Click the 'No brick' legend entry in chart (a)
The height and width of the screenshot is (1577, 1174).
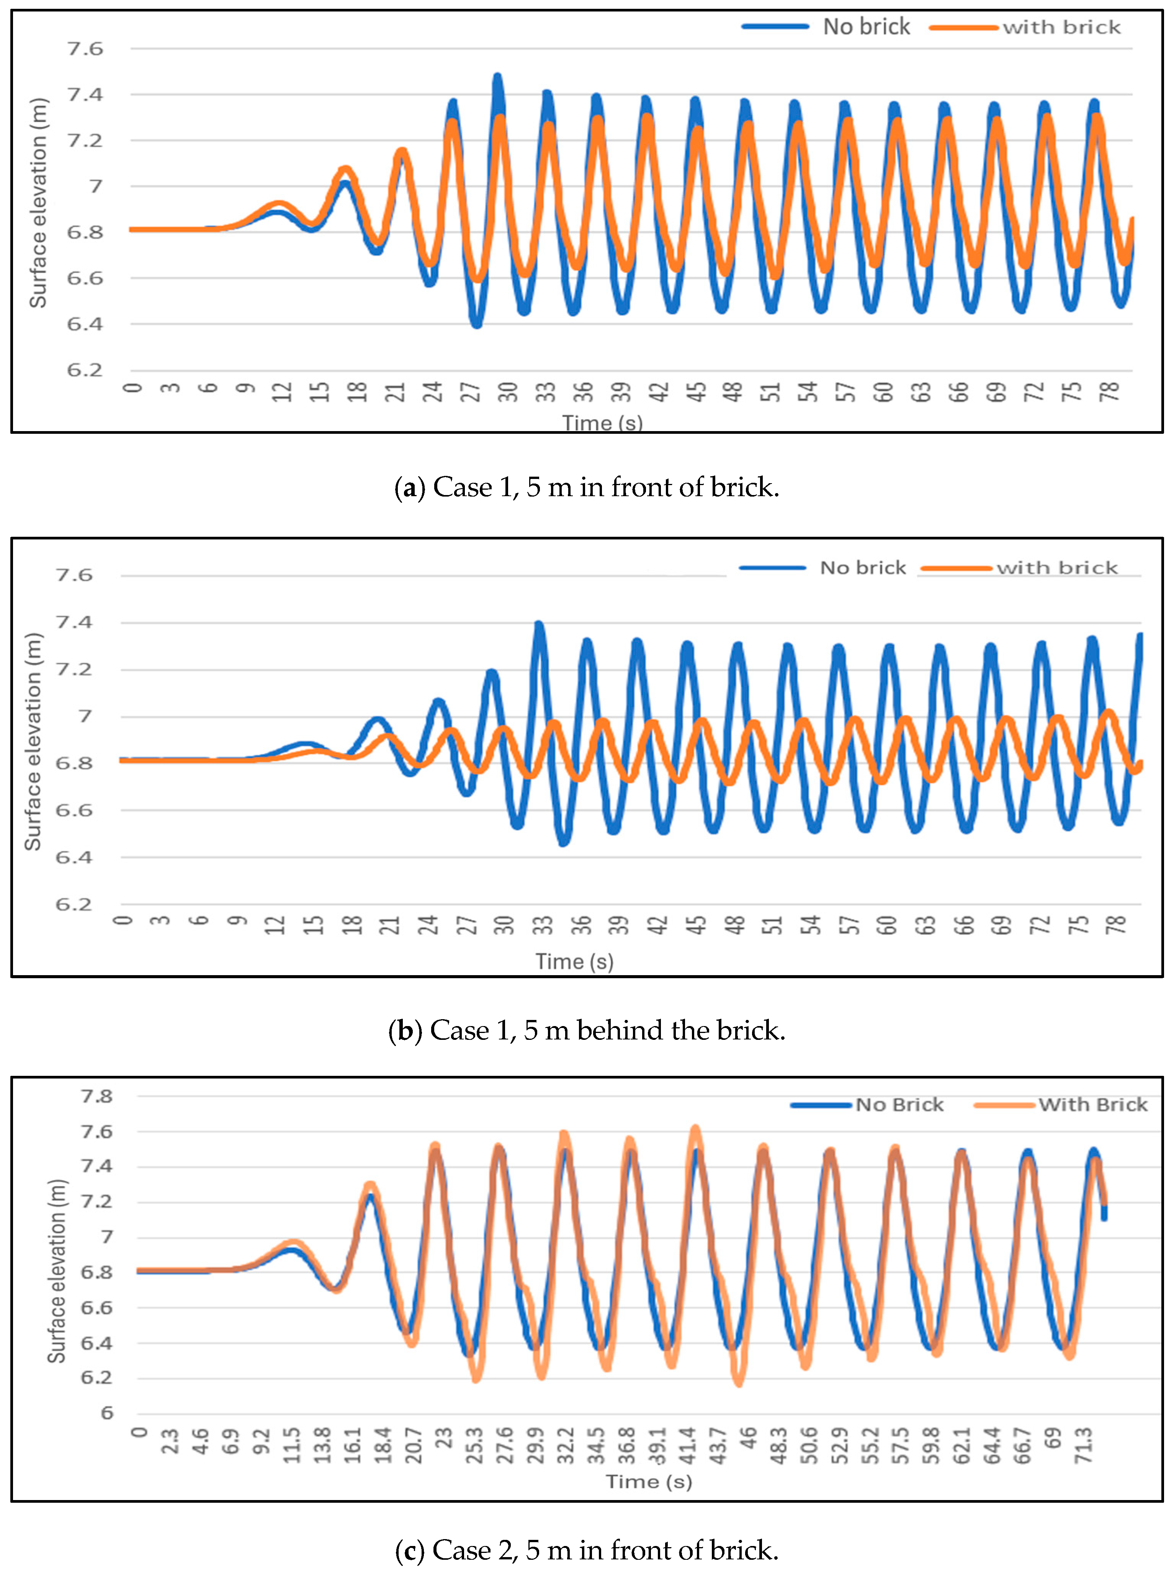pyautogui.click(x=866, y=27)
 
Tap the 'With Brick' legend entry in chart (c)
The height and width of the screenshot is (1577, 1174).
pyautogui.click(x=1092, y=1105)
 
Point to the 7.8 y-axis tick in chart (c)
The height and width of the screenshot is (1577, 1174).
pyautogui.click(x=96, y=1096)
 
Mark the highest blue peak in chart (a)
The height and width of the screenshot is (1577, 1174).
pyautogui.click(x=497, y=77)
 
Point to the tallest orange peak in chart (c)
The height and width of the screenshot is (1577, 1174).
pyautogui.click(x=695, y=1128)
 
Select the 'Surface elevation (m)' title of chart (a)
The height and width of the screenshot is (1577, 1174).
pyautogui.click(x=38, y=203)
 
